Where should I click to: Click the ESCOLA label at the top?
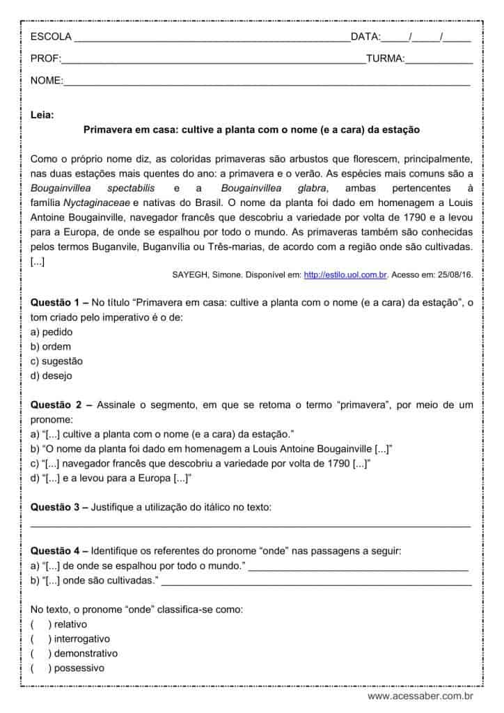click(x=50, y=37)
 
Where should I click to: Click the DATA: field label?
click(x=365, y=37)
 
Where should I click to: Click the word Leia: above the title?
click(x=42, y=114)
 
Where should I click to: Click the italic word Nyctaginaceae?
click(x=97, y=203)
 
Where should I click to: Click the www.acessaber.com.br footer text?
click(x=420, y=696)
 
